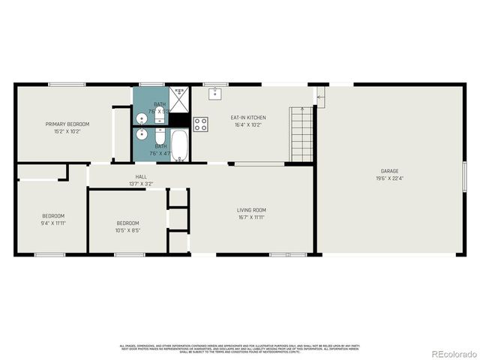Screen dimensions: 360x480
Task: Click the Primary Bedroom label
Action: [67, 124]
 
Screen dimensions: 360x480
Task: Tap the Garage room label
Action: [389, 171]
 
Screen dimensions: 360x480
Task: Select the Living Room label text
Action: [252, 210]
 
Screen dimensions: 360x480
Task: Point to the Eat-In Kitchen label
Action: [248, 118]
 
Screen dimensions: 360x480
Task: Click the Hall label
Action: [141, 176]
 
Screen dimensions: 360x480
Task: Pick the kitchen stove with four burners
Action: [201, 124]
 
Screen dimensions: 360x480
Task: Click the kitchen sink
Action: [216, 93]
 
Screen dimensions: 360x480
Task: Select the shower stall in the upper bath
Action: [180, 97]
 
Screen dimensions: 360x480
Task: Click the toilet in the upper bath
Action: [160, 115]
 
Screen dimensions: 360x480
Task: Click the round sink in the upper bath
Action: [141, 118]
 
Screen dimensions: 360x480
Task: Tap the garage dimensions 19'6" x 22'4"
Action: [389, 178]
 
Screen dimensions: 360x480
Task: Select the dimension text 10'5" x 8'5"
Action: [127, 230]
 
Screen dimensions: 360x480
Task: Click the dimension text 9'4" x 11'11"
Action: [53, 223]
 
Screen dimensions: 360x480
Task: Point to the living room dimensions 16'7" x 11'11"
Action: [252, 217]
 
